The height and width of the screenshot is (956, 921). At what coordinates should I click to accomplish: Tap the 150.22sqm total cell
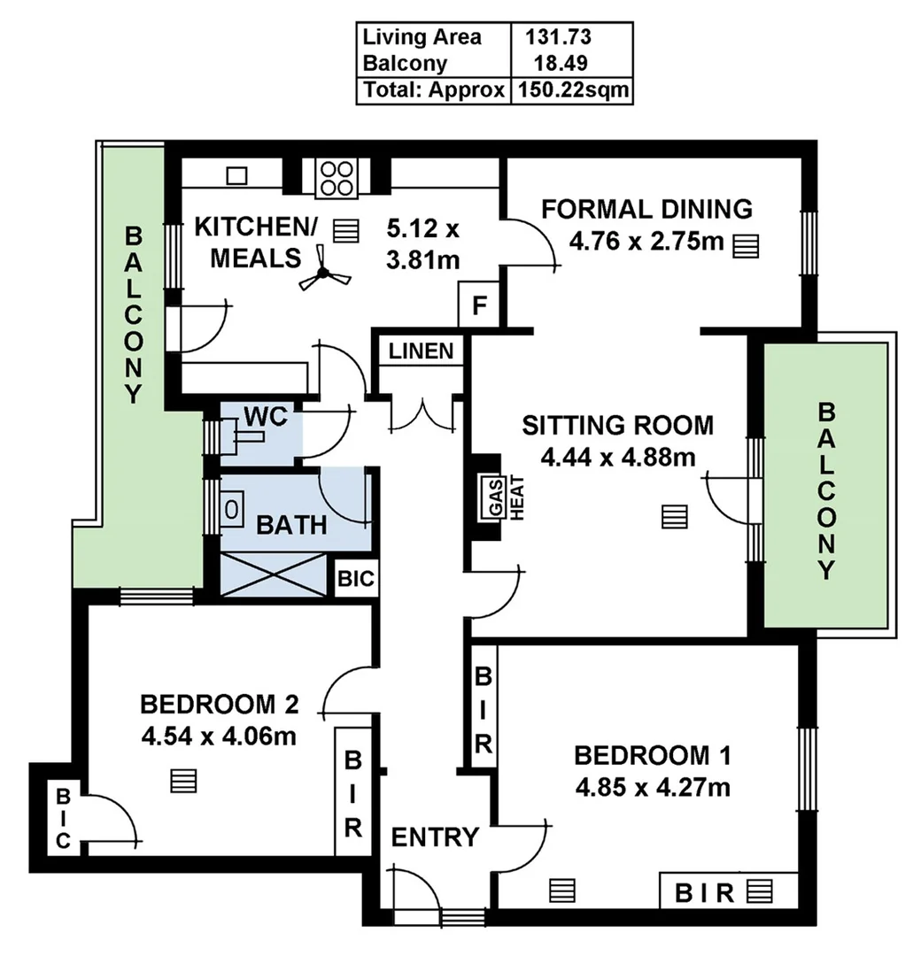point(571,90)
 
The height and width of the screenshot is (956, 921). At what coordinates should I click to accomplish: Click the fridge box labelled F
point(479,306)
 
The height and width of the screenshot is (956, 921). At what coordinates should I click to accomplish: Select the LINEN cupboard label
point(421,351)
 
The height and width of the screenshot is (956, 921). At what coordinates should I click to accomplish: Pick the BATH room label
point(291,525)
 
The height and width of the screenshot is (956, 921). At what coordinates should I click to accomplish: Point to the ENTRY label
point(435,836)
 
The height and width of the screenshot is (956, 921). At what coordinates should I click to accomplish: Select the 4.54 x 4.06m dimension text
point(219,735)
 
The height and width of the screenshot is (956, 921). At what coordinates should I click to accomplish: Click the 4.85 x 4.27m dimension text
point(653,786)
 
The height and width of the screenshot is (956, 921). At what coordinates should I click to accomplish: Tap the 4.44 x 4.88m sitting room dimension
point(617,457)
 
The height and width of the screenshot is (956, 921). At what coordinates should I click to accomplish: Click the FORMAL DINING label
point(646,209)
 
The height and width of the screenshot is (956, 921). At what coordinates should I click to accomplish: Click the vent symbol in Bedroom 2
point(184,781)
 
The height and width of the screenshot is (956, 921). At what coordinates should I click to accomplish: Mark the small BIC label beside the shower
point(357,581)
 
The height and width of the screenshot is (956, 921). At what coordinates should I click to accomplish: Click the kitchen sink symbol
point(236,175)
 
